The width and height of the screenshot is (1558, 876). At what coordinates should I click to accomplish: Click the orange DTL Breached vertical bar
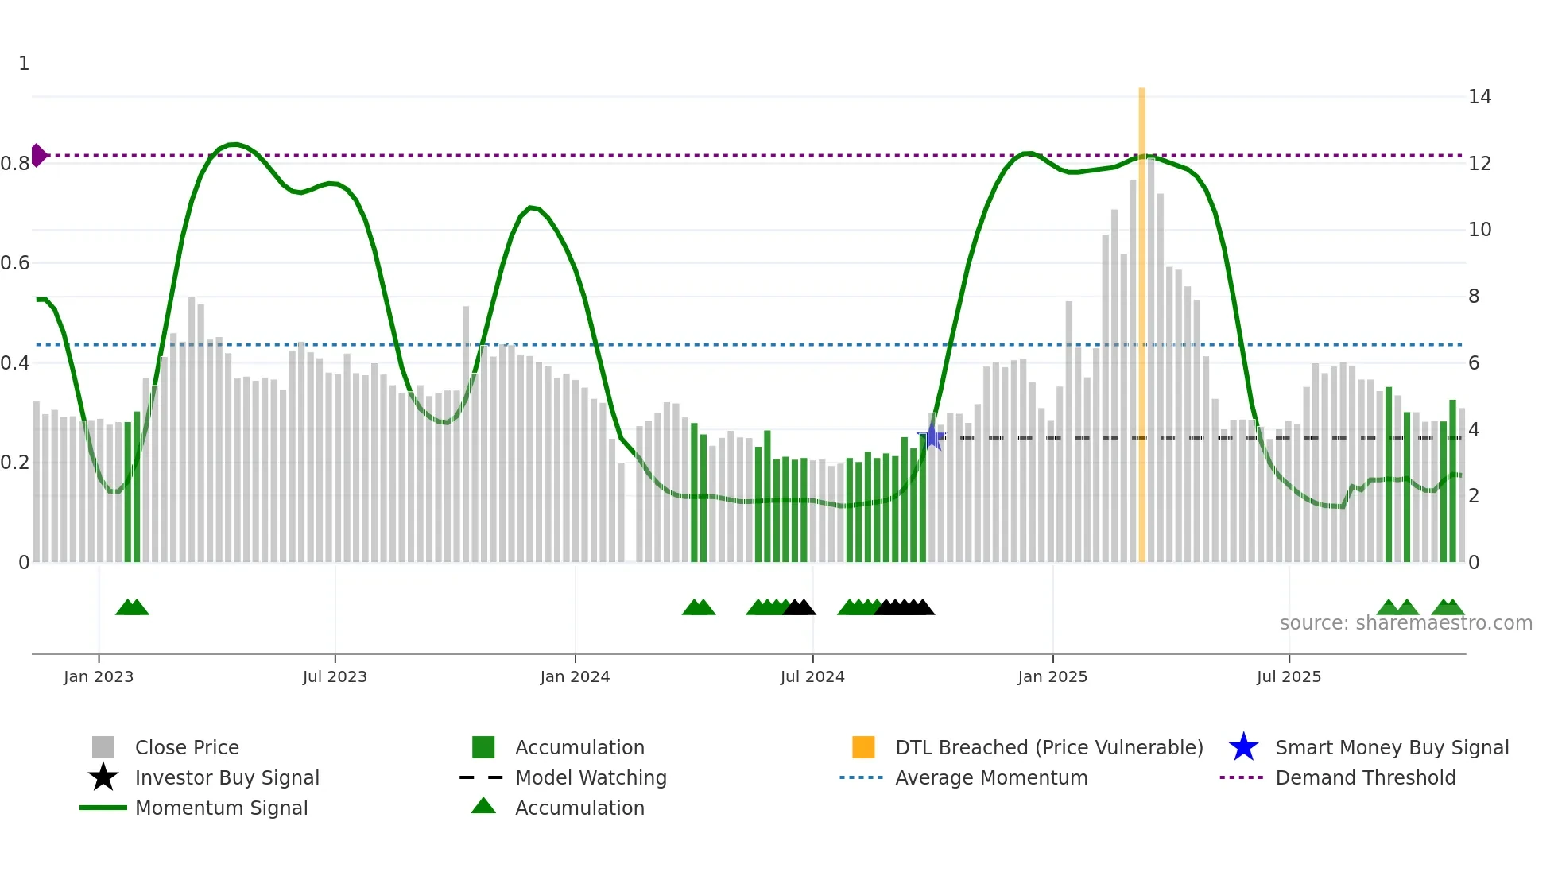1141,326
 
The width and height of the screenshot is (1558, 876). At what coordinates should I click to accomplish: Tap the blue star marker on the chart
932,436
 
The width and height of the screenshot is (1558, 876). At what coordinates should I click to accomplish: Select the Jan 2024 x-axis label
575,676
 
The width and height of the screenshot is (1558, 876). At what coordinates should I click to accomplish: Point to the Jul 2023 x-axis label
335,676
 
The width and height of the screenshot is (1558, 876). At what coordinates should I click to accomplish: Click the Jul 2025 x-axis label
1289,676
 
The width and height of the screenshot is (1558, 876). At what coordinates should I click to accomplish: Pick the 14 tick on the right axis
1479,97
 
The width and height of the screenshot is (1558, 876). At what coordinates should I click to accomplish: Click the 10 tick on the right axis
1479,230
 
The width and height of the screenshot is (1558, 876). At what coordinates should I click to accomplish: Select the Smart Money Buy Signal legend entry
1391,747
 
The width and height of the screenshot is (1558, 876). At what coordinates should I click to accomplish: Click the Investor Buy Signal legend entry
227,777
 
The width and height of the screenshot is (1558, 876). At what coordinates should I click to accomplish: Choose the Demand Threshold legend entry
1365,777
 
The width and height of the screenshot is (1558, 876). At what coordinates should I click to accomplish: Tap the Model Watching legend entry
590,777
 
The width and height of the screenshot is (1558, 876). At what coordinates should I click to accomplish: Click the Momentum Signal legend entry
221,808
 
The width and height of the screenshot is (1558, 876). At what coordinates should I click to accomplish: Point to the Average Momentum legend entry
990,777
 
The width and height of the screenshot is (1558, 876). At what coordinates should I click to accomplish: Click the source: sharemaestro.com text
1405,622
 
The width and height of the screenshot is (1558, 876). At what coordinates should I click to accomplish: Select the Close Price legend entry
186,747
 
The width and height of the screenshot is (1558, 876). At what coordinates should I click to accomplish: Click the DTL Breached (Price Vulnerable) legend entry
1048,747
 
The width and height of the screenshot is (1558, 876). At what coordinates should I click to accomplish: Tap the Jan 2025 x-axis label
1052,676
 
